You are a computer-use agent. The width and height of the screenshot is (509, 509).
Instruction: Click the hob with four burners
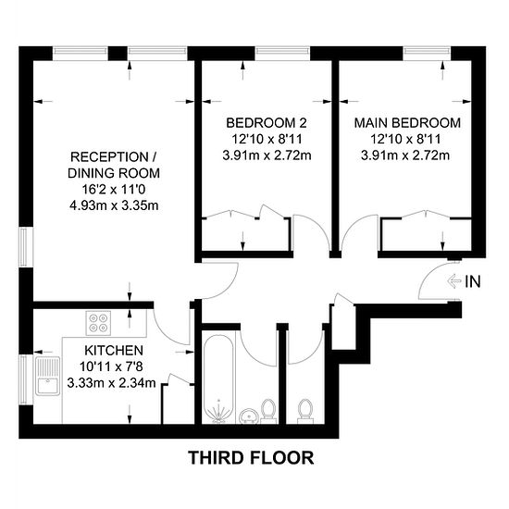pyautogui.click(x=98, y=323)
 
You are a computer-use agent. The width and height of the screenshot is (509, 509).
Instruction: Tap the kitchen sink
pyautogui.click(x=48, y=376)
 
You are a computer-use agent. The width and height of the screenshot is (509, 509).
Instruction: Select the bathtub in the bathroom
pyautogui.click(x=218, y=379)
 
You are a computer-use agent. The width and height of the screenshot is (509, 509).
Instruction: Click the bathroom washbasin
pyautogui.click(x=249, y=416)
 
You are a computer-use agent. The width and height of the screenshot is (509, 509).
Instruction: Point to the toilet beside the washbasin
pyautogui.click(x=268, y=411)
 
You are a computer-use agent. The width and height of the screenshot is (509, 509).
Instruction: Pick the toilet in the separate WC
pyautogui.click(x=305, y=411)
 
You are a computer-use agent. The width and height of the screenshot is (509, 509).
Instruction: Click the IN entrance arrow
pyautogui.click(x=454, y=281)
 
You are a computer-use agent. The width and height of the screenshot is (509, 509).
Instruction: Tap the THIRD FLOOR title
pyautogui.click(x=251, y=458)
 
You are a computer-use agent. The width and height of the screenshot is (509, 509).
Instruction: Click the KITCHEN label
pyautogui.click(x=114, y=351)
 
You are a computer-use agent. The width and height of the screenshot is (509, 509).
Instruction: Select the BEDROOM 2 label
pyautogui.click(x=267, y=123)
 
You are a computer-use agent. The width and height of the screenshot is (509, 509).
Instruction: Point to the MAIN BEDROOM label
pyautogui.click(x=407, y=123)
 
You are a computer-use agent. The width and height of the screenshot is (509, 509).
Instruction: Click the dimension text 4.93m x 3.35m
pyautogui.click(x=114, y=205)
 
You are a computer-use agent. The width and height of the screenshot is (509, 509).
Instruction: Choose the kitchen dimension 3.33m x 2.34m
pyautogui.click(x=111, y=383)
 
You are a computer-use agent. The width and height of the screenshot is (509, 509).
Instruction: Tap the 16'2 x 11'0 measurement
pyautogui.click(x=114, y=189)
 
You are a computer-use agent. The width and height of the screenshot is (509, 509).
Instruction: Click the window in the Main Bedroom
pyautogui.click(x=428, y=51)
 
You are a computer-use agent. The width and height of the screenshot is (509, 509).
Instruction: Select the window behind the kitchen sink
pyautogui.click(x=23, y=379)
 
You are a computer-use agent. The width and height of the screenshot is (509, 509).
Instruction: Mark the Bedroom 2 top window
pyautogui.click(x=282, y=51)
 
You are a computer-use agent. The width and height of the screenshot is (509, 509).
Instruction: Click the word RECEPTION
pyautogui.click(x=110, y=157)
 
